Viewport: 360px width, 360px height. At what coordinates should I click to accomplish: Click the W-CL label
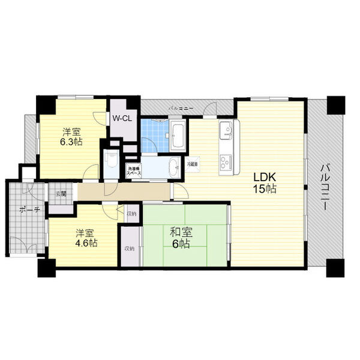(x=122, y=118)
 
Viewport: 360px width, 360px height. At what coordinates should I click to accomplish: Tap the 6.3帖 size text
(x=71, y=142)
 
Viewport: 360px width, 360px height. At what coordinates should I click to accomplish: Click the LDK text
(x=264, y=178)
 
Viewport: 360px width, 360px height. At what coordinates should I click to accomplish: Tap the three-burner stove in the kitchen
(x=226, y=162)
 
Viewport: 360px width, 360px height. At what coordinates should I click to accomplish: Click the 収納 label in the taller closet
(x=128, y=248)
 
